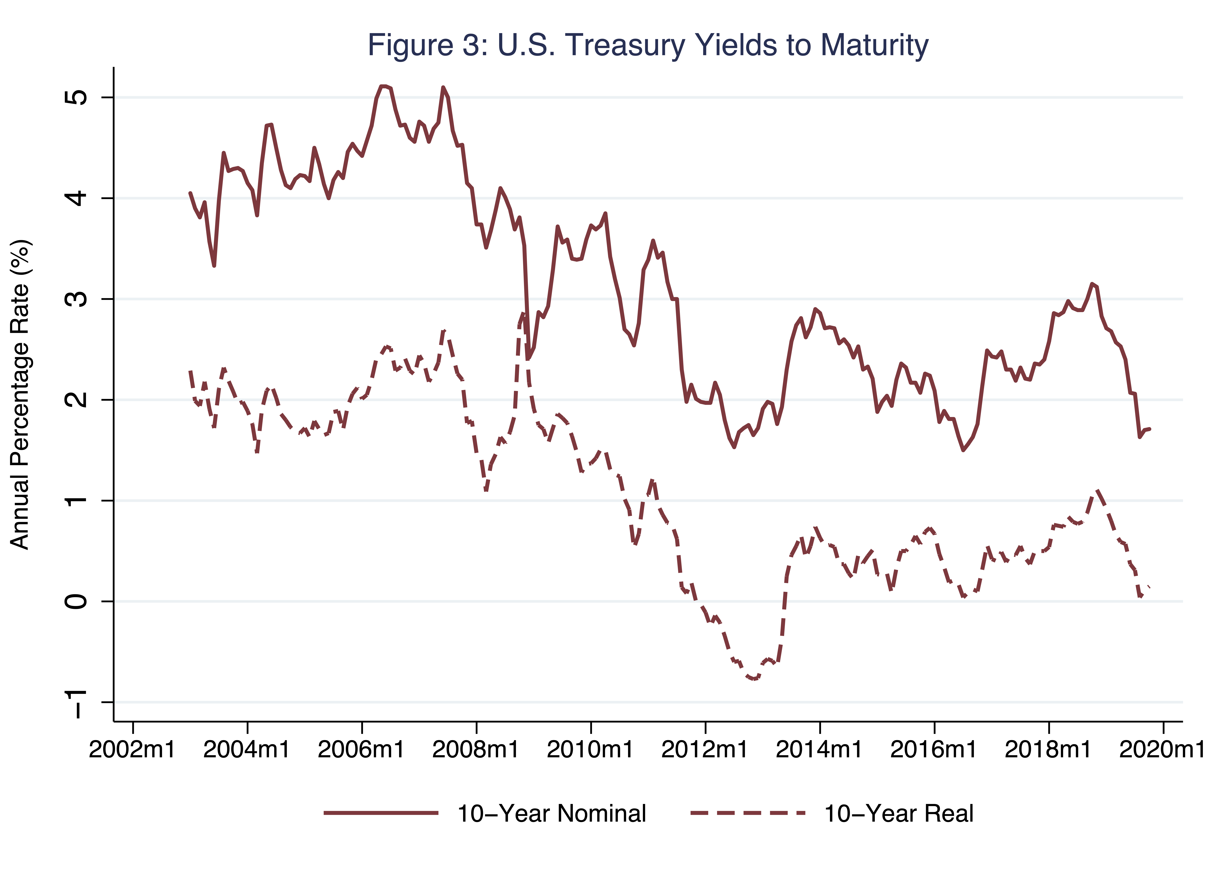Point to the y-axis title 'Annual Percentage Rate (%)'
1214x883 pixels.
coord(20,395)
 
